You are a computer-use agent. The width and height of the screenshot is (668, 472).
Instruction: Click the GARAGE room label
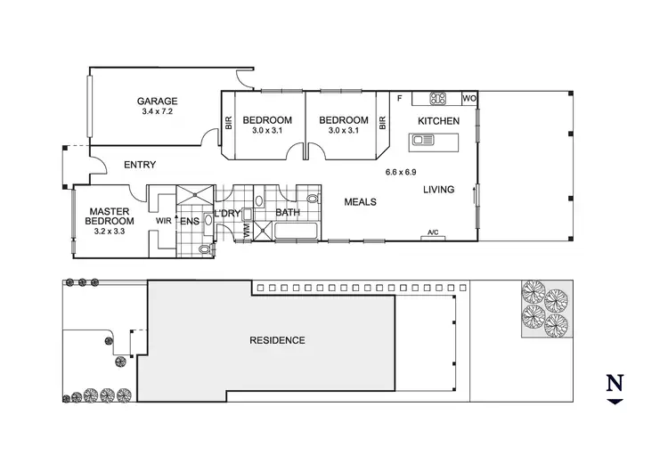(x=157, y=102)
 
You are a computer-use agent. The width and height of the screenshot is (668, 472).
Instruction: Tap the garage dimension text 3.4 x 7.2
(x=157, y=113)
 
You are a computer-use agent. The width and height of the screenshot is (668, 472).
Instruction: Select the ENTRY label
(x=140, y=165)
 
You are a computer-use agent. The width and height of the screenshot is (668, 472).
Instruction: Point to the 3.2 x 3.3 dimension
(x=109, y=232)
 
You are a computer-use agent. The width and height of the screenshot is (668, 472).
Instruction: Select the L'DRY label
(x=227, y=213)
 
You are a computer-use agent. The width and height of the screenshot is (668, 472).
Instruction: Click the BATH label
(x=287, y=213)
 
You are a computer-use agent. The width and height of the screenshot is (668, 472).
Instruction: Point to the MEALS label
(x=361, y=202)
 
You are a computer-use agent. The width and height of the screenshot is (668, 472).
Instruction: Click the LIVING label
(x=438, y=189)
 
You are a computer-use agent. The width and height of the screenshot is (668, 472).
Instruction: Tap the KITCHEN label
(x=438, y=121)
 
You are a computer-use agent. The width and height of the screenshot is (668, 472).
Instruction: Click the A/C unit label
(x=434, y=233)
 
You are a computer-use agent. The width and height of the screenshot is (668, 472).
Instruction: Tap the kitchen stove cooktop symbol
(x=438, y=98)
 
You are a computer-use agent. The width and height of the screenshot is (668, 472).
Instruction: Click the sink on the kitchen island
(x=422, y=140)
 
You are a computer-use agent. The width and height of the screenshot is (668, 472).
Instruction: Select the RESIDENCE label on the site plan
(x=277, y=340)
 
